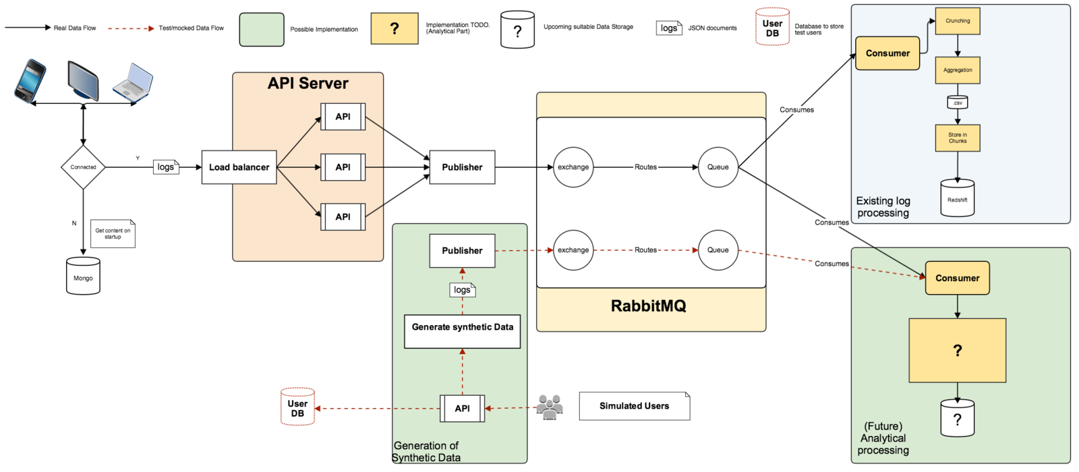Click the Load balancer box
click(x=239, y=167)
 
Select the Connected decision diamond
click(x=83, y=167)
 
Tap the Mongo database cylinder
click(x=83, y=276)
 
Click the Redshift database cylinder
click(x=957, y=198)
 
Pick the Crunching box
click(x=957, y=21)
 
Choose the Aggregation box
click(x=957, y=70)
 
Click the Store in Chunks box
click(x=957, y=138)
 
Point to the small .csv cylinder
click(x=957, y=102)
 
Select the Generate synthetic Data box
click(x=462, y=331)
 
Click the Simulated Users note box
click(x=634, y=406)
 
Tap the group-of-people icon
click(x=550, y=407)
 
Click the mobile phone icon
click(x=30, y=81)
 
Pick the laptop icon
click(x=133, y=83)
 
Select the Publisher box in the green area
click(x=462, y=251)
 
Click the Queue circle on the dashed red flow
click(x=718, y=250)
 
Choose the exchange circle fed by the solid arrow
click(x=573, y=167)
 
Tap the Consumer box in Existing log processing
click(x=887, y=53)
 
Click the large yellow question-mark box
click(x=957, y=351)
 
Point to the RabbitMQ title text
click(x=648, y=306)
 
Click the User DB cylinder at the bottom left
click(x=297, y=407)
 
